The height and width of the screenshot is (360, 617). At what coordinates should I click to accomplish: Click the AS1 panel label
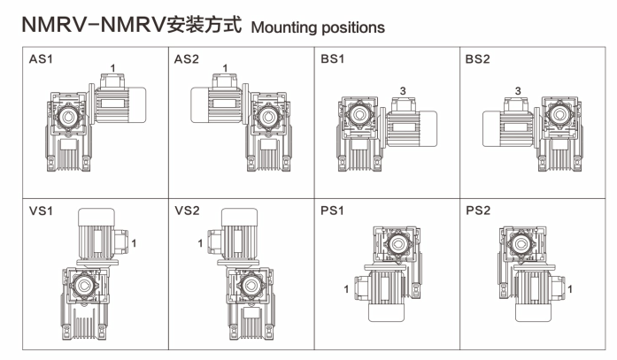[x=40, y=60]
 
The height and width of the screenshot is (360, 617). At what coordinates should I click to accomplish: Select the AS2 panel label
[x=186, y=60]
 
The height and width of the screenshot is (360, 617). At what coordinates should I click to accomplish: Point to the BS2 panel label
[x=477, y=60]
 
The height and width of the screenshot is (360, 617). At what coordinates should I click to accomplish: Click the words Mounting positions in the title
[x=318, y=27]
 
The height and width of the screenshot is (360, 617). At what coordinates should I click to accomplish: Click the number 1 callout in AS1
[x=112, y=67]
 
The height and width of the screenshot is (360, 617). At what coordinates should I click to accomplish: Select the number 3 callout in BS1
[x=402, y=90]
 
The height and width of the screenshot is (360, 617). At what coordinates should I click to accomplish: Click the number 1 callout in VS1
[x=134, y=241]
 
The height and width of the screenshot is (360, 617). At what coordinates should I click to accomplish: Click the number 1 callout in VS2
[x=201, y=241]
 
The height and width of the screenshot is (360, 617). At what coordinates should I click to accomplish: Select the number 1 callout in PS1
[x=345, y=288]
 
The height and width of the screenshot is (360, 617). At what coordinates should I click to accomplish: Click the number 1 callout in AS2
[x=225, y=67]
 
